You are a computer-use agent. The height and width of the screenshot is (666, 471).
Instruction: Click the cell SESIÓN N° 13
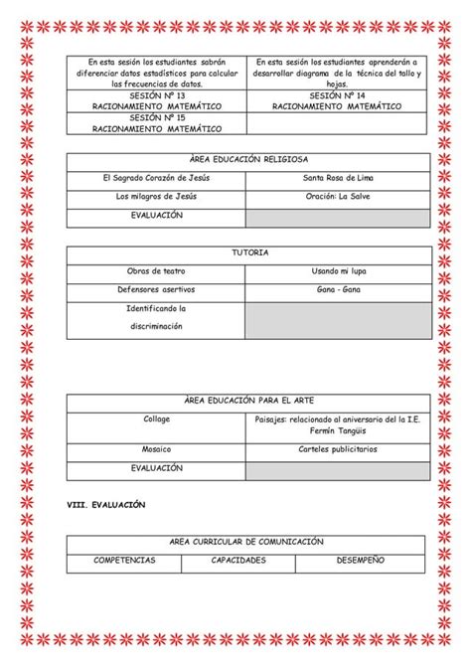pyautogui.click(x=157, y=99)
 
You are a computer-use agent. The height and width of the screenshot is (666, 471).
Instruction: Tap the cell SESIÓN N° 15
pyautogui.click(x=157, y=122)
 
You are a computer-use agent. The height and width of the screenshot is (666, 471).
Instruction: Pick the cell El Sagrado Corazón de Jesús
pyautogui.click(x=157, y=178)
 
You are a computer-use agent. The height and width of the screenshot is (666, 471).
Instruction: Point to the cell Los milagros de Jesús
pyautogui.click(x=157, y=197)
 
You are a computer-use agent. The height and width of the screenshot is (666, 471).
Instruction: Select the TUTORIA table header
pyautogui.click(x=248, y=253)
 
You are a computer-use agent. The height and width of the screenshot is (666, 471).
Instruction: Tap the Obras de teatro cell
pyautogui.click(x=157, y=271)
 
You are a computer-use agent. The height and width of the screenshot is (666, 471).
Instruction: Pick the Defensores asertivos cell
pyautogui.click(x=157, y=290)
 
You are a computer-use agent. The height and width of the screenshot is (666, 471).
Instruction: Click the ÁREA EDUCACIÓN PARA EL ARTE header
pyautogui.click(x=248, y=401)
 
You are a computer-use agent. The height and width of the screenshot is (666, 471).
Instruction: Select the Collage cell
pyautogui.click(x=157, y=419)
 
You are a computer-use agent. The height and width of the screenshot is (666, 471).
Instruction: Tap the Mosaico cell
pyautogui.click(x=157, y=450)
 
